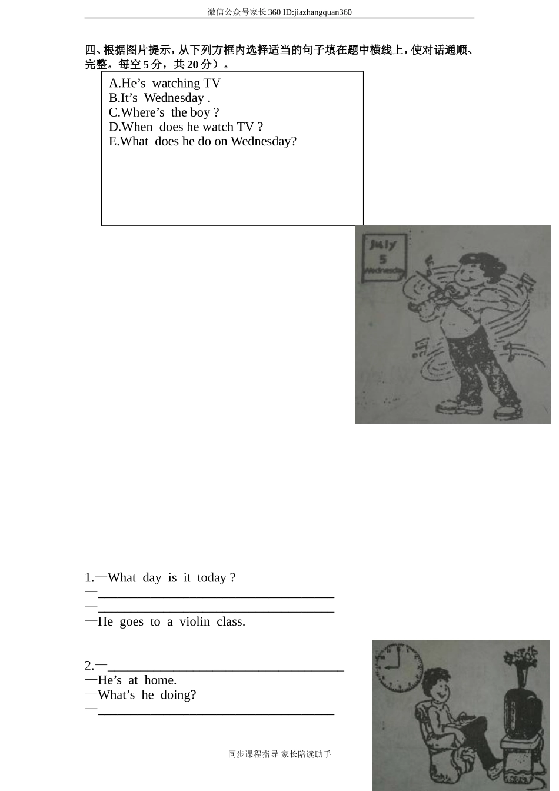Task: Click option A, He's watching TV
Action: click(x=165, y=84)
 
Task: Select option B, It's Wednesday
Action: click(x=159, y=98)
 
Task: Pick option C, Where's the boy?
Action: click(x=164, y=112)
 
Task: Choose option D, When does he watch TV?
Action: click(x=186, y=127)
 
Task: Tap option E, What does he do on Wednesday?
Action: click(x=202, y=141)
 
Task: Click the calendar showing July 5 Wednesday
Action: click(x=384, y=257)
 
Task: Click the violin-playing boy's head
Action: click(x=473, y=269)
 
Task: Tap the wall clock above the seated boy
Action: click(x=399, y=667)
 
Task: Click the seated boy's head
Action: click(x=438, y=685)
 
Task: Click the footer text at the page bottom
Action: click(x=279, y=755)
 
